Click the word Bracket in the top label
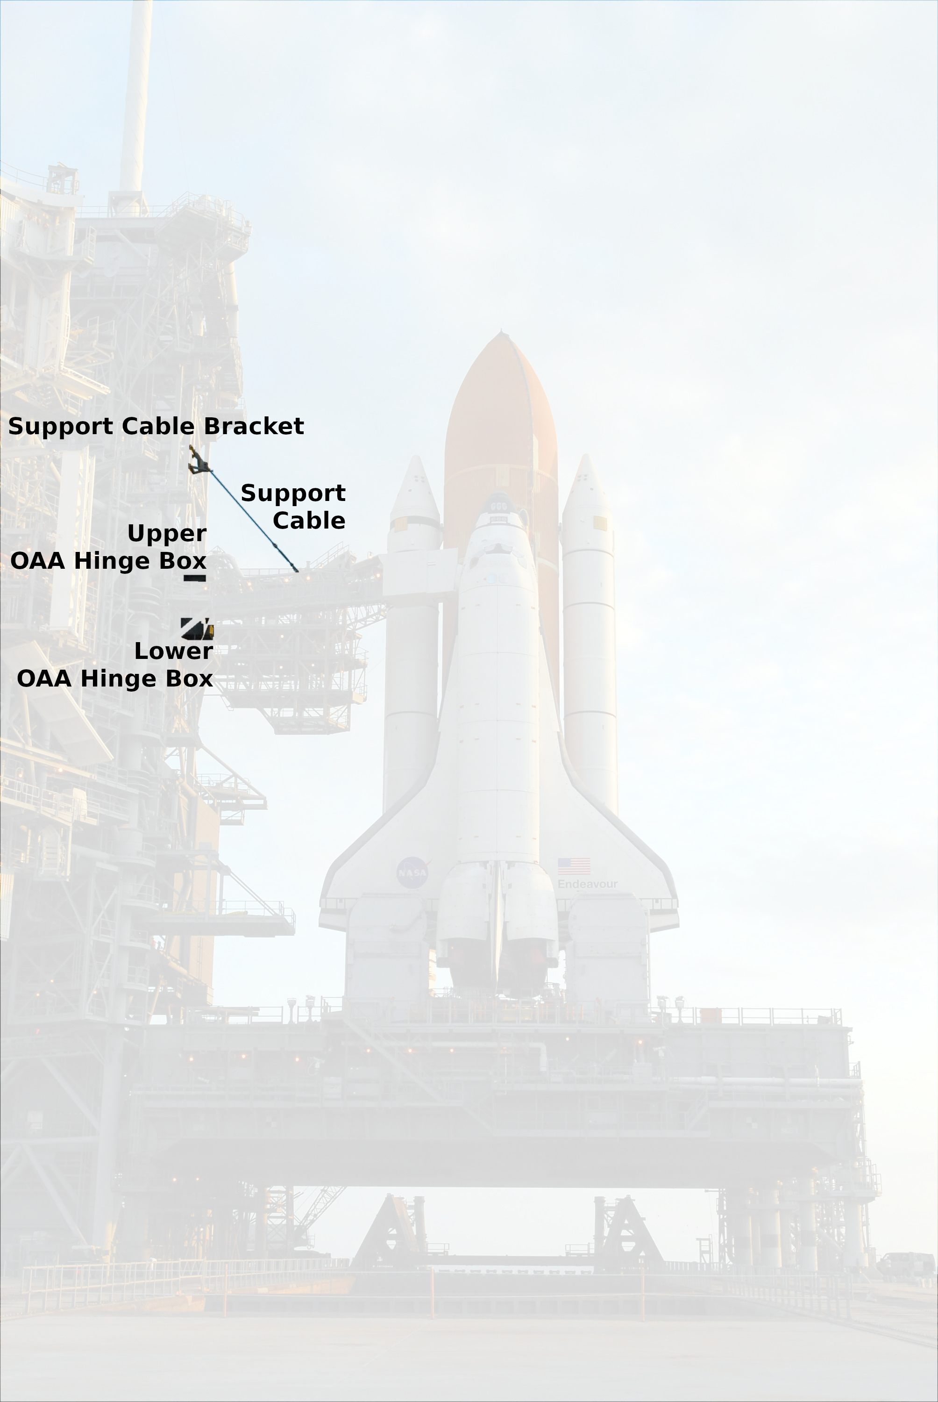(254, 426)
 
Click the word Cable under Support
(309, 521)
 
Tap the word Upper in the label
(167, 534)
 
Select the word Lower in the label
(173, 651)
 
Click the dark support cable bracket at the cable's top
(199, 459)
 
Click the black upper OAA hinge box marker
(194, 578)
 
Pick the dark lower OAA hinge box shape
(197, 629)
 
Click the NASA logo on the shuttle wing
(412, 873)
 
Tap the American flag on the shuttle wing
(574, 866)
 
